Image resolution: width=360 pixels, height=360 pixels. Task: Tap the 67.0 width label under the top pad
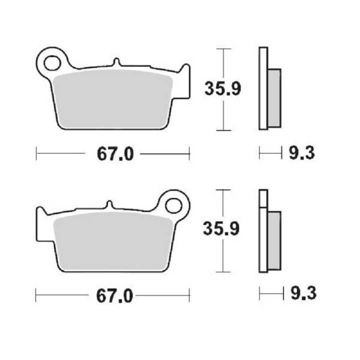114,153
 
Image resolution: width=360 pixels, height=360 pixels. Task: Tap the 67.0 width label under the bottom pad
114,295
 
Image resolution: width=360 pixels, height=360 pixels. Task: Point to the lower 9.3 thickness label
301,294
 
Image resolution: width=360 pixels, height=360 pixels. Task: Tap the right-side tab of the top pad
186,80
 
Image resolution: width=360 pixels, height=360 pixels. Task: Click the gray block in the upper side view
274,97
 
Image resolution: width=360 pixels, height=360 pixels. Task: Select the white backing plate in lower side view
263,235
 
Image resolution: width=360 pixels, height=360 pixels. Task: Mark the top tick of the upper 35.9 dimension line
223,48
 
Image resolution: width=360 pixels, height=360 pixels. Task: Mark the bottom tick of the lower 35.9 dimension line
223,272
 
